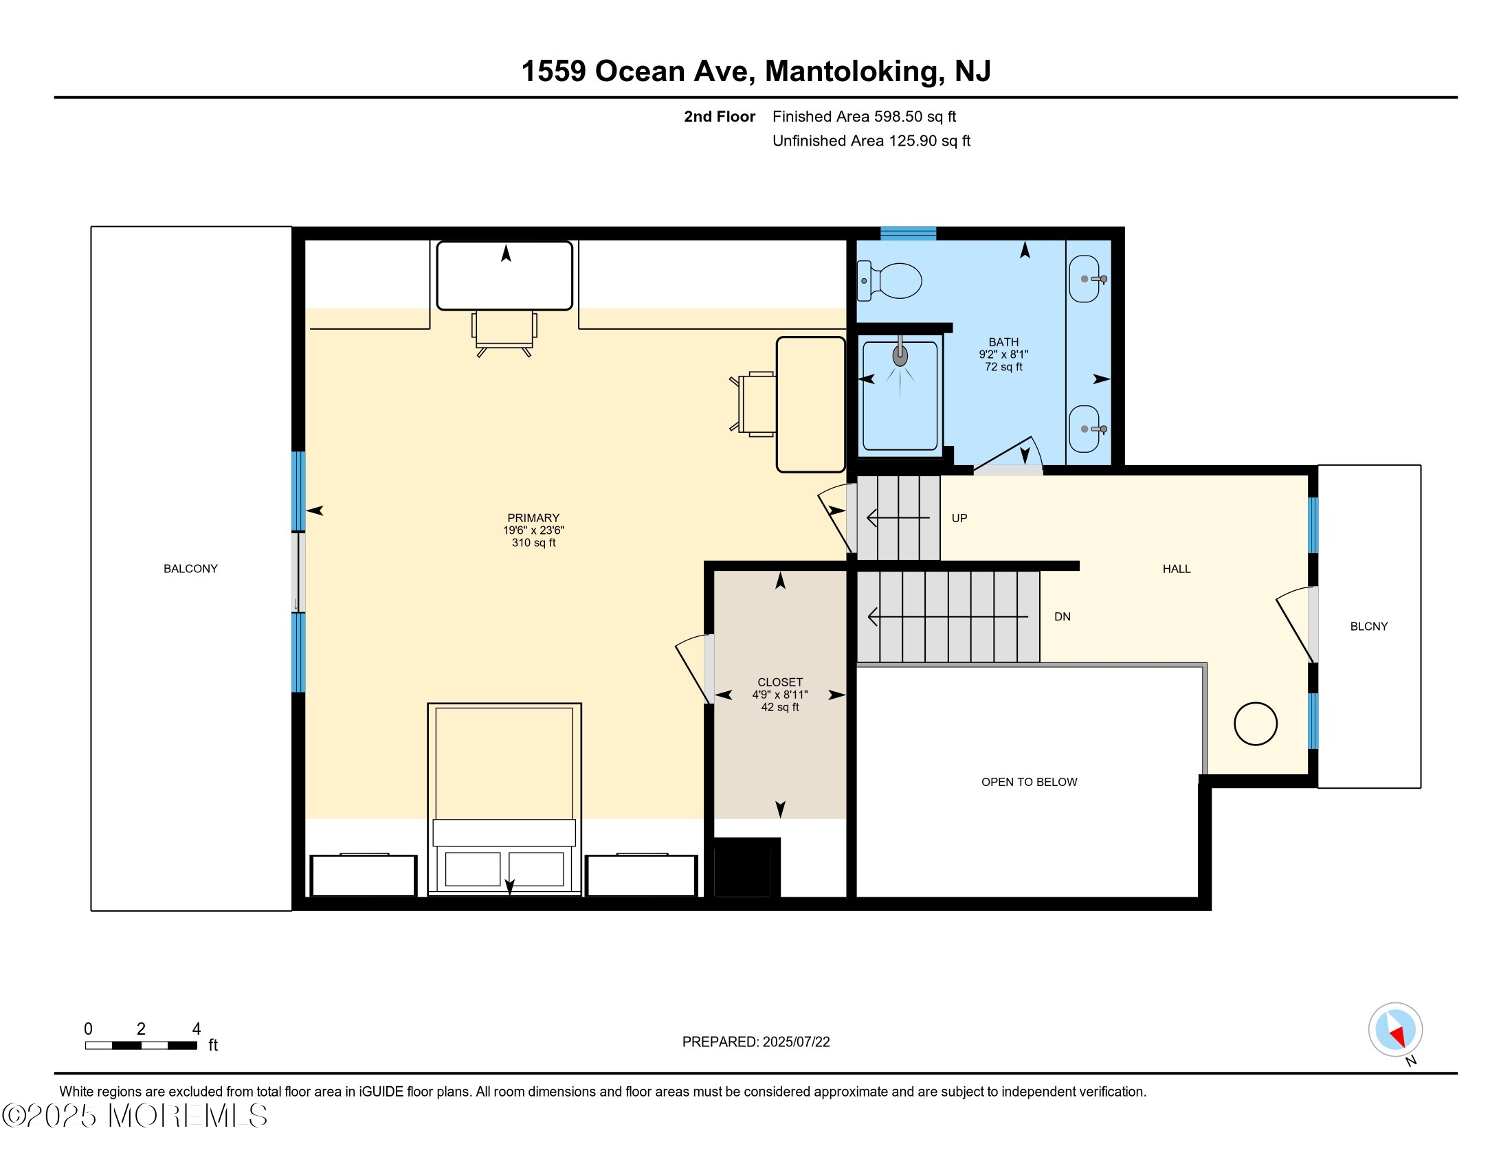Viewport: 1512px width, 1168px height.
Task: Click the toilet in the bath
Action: pyautogui.click(x=889, y=281)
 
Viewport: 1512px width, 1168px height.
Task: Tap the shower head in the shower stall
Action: pyautogui.click(x=900, y=356)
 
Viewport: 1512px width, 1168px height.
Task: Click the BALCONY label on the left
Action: pyautogui.click(x=190, y=569)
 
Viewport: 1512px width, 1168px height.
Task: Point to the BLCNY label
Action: pyautogui.click(x=1368, y=626)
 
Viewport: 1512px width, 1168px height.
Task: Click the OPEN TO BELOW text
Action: pyautogui.click(x=1029, y=782)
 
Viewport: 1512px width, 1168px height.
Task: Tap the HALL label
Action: pyautogui.click(x=1176, y=569)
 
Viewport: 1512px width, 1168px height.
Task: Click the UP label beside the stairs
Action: pyautogui.click(x=959, y=518)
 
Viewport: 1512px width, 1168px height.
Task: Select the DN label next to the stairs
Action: pyautogui.click(x=1062, y=616)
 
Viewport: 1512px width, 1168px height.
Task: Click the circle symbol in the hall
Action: pyautogui.click(x=1255, y=723)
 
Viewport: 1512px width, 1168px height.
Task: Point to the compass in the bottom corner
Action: pyautogui.click(x=1395, y=1030)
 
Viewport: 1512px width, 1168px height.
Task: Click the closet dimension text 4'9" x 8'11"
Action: pyautogui.click(x=779, y=695)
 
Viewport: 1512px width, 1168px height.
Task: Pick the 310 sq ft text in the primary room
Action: pyautogui.click(x=533, y=543)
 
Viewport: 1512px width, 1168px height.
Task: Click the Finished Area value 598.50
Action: pyautogui.click(x=898, y=116)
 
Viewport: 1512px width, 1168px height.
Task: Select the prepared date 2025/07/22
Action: pyautogui.click(x=795, y=1042)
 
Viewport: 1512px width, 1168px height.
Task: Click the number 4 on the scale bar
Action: pyautogui.click(x=197, y=1029)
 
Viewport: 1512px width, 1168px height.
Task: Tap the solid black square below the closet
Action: pyautogui.click(x=743, y=867)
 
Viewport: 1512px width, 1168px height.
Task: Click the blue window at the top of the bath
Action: pyautogui.click(x=909, y=233)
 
